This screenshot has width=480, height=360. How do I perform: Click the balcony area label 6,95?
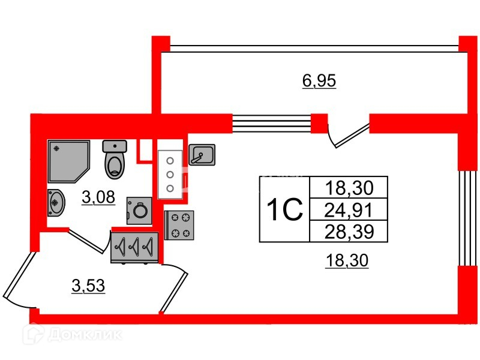[x=319, y=80]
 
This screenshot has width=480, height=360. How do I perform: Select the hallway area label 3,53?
[x=88, y=286]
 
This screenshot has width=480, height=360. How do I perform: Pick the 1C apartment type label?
[x=283, y=209]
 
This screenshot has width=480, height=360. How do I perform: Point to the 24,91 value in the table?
[x=349, y=210]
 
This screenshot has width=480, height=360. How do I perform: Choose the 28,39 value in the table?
[x=349, y=230]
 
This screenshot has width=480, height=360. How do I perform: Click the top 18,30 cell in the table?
[x=349, y=188]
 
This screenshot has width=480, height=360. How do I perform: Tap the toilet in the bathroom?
[x=115, y=160]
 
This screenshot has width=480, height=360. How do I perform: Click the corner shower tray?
[x=67, y=161]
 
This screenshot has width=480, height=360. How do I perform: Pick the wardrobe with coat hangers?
[x=134, y=247]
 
